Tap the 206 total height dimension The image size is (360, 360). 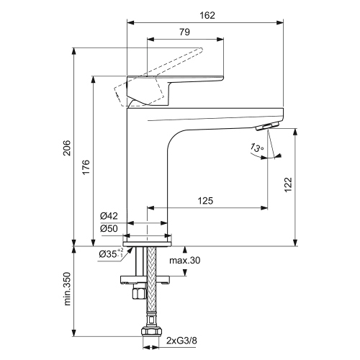(66, 149)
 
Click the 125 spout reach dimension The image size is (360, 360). (206, 202)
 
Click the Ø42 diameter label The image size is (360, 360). (109, 216)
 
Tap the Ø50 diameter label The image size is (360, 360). (109, 228)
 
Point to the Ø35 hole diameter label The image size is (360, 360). (109, 253)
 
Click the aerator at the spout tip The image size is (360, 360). (266, 126)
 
